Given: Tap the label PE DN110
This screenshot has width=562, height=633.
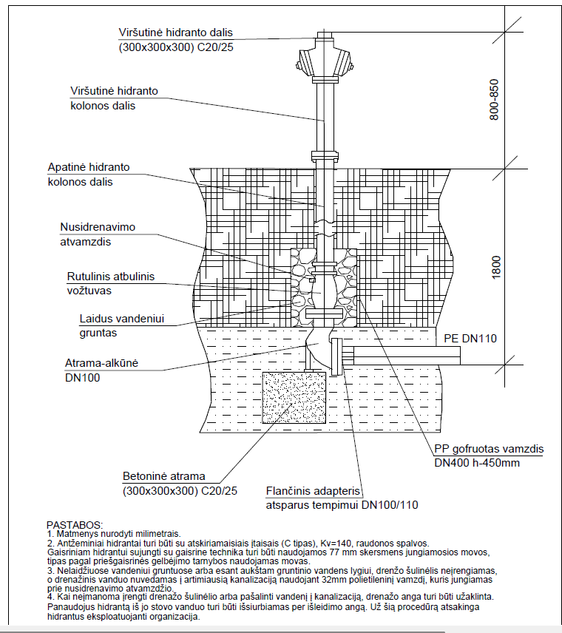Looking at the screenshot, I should (x=470, y=339).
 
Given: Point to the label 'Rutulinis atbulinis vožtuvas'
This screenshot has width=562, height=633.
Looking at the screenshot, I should (x=111, y=283).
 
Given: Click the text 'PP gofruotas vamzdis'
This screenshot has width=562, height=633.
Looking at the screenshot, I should (x=489, y=449).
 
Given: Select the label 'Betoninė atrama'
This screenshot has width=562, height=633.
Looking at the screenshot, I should (x=163, y=476).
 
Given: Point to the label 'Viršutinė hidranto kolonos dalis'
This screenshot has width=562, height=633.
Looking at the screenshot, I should (x=114, y=98).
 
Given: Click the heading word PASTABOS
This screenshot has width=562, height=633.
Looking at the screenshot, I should (x=75, y=524).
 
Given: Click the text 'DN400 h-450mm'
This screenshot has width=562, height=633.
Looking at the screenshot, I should (x=477, y=464).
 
